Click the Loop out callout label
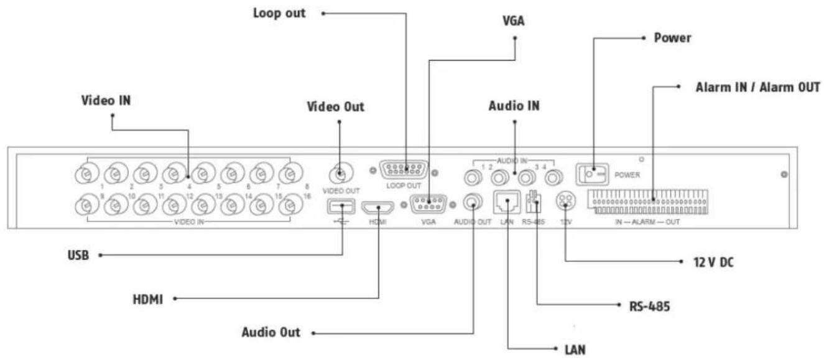pyautogui.click(x=279, y=13)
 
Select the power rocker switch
pyautogui.click(x=593, y=173)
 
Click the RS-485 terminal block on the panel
pyautogui.click(x=534, y=203)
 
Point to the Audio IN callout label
pyautogui.click(x=514, y=106)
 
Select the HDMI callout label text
pyautogui.click(x=147, y=299)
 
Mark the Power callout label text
pyautogui.click(x=673, y=38)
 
